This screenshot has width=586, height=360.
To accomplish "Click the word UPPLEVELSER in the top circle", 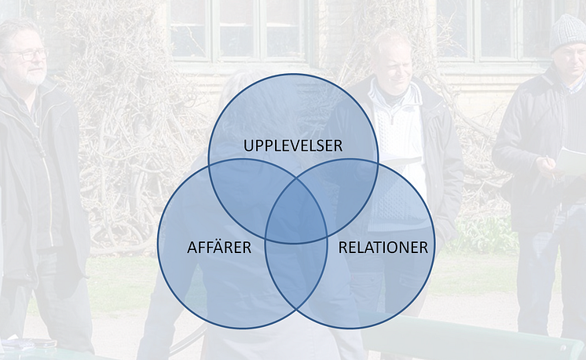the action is [293, 145].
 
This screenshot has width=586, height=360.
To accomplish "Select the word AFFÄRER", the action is [219, 247].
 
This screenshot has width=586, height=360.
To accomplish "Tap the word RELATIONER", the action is [383, 248].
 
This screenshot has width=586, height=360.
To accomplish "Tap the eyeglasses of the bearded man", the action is [28, 54].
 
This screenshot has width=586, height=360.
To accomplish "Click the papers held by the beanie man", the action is [571, 161].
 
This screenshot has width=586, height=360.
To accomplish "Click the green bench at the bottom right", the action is [471, 338].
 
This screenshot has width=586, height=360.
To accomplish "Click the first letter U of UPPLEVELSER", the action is [248, 145].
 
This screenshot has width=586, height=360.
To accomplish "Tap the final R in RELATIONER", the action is [423, 248].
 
